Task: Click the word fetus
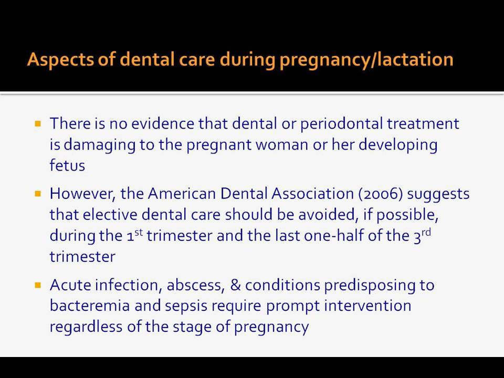click(67, 165)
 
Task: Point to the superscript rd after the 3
click(426, 232)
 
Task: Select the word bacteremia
click(90, 306)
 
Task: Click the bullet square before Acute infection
click(38, 285)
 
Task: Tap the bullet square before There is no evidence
click(38, 124)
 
